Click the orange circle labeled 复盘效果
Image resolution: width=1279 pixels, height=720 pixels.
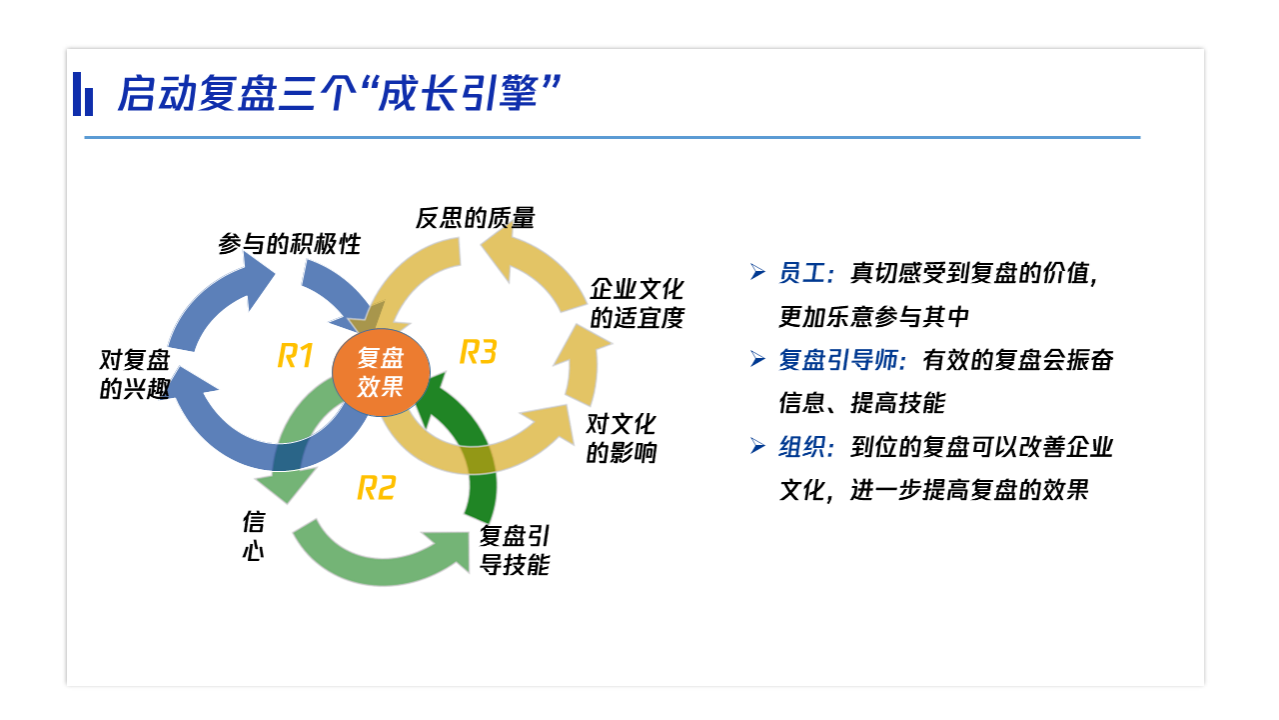381,372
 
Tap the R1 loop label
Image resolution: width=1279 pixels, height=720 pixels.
295,355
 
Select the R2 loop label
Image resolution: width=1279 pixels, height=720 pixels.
377,488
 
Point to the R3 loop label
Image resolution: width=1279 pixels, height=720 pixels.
478,351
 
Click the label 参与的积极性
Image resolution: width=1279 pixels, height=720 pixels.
290,244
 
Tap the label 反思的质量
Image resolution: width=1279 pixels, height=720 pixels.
475,218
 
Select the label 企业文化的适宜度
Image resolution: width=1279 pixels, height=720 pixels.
637,303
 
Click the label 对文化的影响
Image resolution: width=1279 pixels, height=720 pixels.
622,438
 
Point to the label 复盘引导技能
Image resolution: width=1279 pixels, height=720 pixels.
515,550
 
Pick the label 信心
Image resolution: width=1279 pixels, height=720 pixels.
254,536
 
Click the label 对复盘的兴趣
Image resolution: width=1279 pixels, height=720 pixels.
135,374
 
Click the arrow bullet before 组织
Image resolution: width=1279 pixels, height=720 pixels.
757,446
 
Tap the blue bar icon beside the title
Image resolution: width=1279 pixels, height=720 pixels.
83,94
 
